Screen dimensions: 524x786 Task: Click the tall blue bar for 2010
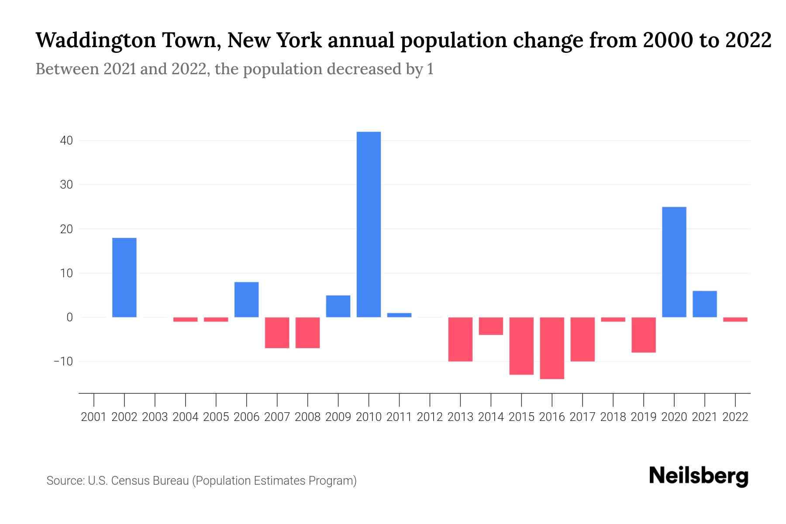[x=369, y=224]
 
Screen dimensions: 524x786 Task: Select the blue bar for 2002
[x=124, y=277]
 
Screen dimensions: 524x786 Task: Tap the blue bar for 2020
[x=674, y=262]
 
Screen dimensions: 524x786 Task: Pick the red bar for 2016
[x=552, y=348]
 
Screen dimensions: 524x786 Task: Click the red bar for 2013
[x=460, y=339]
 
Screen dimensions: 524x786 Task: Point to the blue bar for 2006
[x=247, y=300]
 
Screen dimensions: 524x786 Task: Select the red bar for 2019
[x=644, y=335]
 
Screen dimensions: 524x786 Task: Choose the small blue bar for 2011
[x=399, y=315]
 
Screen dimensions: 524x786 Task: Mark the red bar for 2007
[x=277, y=333]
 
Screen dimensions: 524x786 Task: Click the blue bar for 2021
[x=705, y=304]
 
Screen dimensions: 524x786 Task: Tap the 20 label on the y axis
[x=66, y=229]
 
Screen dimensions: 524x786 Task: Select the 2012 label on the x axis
[x=430, y=417]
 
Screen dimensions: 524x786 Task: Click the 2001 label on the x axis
[x=94, y=417]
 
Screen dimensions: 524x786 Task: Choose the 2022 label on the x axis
[x=735, y=417]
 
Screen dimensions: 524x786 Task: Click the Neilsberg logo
[x=699, y=476]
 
